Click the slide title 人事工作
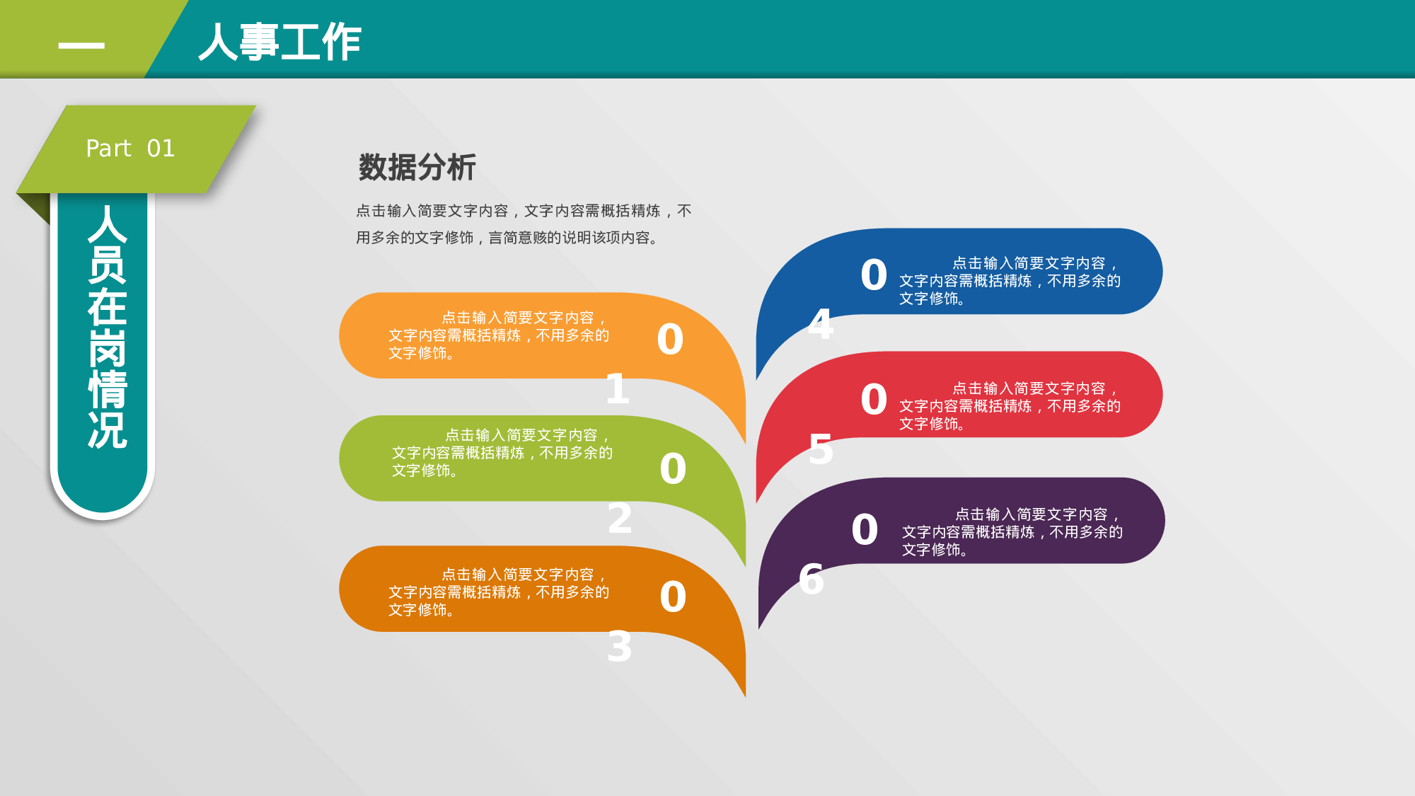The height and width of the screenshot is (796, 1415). [280, 42]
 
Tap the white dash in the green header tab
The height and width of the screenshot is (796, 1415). [81, 45]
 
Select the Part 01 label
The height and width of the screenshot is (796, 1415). [130, 148]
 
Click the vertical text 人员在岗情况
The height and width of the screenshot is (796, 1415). [107, 327]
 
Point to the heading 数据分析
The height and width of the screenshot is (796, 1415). [417, 168]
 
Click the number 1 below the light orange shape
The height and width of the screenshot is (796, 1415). [618, 389]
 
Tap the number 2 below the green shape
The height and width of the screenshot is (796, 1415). [620, 518]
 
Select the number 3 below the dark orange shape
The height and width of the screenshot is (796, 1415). [620, 647]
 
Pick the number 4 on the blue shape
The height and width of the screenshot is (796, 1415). [821, 324]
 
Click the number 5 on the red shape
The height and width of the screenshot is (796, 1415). [821, 449]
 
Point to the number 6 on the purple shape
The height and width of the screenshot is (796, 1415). [812, 579]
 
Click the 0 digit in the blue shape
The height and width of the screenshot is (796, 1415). [874, 275]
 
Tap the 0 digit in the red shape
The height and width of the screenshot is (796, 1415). [874, 399]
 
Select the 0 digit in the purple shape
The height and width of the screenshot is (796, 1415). [865, 529]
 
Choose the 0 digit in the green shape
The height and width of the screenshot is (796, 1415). [673, 468]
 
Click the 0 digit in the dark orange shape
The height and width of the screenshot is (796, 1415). [673, 596]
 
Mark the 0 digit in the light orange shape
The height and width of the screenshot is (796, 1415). [670, 339]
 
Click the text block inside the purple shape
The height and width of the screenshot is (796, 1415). [1012, 532]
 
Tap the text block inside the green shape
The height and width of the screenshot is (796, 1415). [502, 453]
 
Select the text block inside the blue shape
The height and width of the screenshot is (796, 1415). [1010, 281]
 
